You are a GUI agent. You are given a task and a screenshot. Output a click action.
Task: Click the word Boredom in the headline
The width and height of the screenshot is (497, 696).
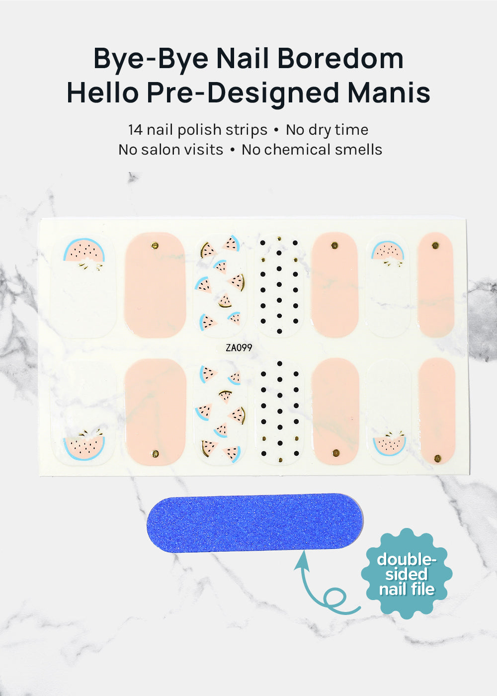click(340, 58)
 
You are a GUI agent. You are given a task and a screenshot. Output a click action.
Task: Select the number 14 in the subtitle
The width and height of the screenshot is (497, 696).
click(135, 130)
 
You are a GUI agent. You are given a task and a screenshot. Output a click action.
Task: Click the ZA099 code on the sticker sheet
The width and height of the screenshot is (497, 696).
click(239, 348)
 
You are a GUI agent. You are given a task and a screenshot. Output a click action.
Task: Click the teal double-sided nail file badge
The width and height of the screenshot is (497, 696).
click(407, 574)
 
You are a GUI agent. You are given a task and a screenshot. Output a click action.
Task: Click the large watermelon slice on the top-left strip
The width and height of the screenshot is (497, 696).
click(84, 251)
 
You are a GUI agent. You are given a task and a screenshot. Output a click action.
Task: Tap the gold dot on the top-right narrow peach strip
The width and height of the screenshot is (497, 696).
click(435, 246)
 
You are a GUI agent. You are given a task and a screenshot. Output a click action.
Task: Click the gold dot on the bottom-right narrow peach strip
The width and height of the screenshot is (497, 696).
click(437, 458)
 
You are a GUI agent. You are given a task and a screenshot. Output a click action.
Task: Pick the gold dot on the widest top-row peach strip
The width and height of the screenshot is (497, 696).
click(155, 246)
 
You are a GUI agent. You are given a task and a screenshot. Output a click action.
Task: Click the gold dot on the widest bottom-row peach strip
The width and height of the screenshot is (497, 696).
click(156, 453)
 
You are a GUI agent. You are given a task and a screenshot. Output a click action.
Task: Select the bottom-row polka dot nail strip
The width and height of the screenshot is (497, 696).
click(279, 412)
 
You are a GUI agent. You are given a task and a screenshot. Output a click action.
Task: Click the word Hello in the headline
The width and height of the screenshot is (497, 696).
click(103, 92)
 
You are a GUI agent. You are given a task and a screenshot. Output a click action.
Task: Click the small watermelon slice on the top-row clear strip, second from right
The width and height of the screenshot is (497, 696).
click(387, 252)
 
